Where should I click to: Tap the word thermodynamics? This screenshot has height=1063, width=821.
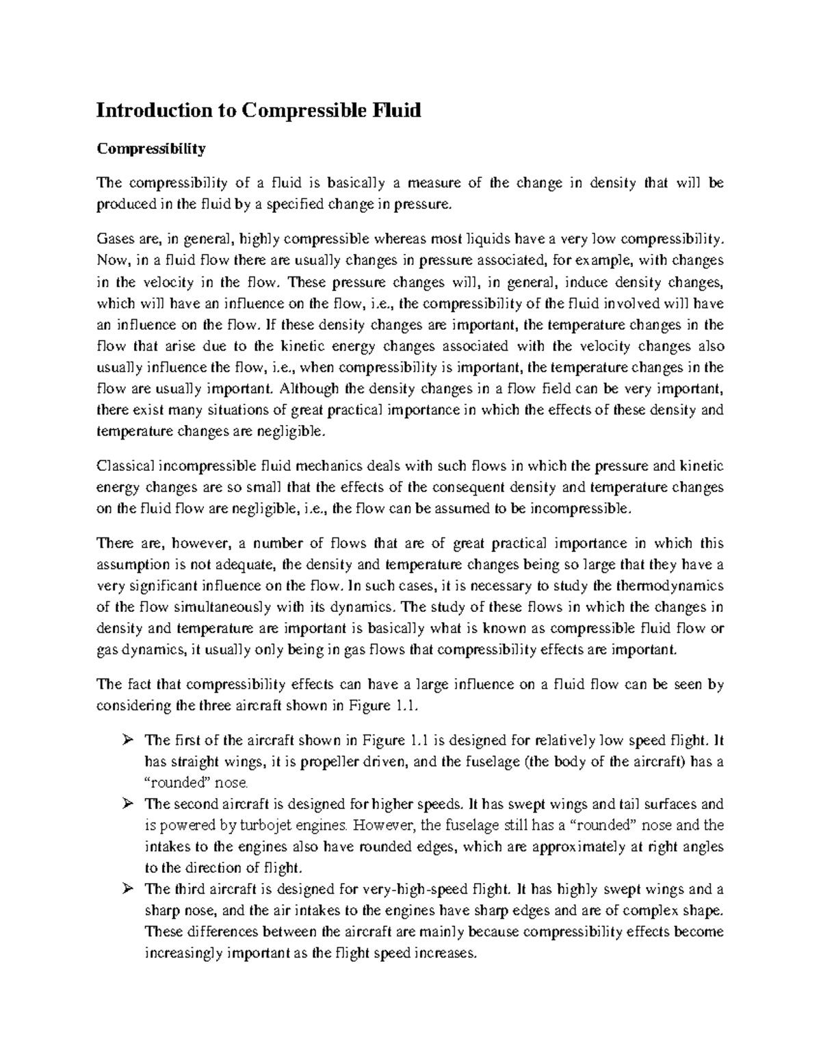tap(670, 586)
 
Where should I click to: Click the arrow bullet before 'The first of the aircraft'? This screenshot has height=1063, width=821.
tap(126, 741)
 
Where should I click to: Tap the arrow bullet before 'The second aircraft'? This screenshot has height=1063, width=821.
tap(126, 804)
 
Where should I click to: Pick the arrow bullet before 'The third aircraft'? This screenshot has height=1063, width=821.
tap(126, 890)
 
